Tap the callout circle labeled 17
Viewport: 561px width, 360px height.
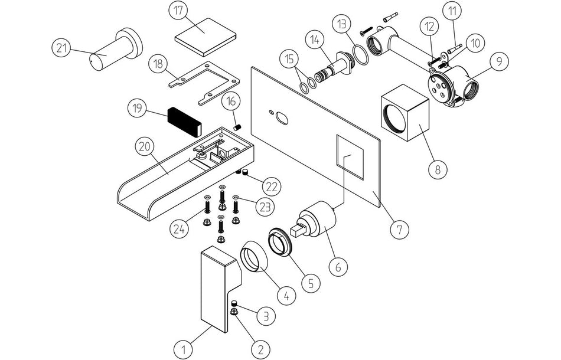coord(178,11)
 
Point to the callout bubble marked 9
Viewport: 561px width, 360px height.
coord(500,60)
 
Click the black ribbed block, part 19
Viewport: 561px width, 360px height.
coord(184,120)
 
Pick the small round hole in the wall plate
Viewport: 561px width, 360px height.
coord(283,120)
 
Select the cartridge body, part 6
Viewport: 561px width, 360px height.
coord(319,223)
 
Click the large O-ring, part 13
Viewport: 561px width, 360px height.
coord(359,55)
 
